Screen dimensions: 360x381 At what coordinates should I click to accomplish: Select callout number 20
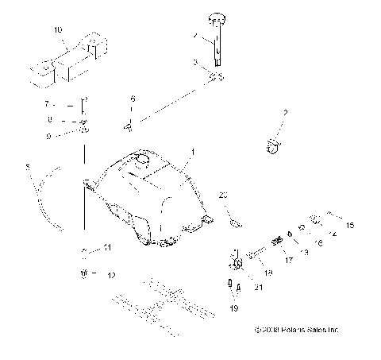pos(223,195)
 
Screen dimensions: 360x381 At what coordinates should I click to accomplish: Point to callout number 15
pos(350,226)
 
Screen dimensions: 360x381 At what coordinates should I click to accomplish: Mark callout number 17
pos(288,259)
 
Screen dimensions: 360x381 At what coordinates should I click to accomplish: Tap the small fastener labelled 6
pos(127,124)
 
